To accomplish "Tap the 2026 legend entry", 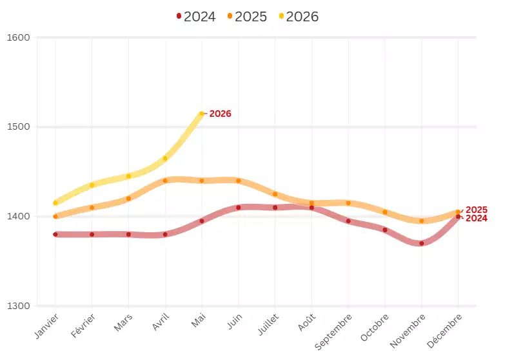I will pos(299,17).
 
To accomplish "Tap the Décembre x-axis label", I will pos(446,329).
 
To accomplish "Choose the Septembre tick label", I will pos(335,332).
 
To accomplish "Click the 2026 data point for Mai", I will pos(202,114).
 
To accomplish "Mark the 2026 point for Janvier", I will pos(55,203).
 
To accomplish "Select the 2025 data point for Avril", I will pos(165,181).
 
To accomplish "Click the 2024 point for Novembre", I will pos(422,243).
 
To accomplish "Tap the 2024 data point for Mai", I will pos(202,221).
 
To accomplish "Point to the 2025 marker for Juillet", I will pos(275,194).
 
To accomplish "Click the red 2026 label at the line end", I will pos(220,114).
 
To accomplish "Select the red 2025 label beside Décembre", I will pos(477,210).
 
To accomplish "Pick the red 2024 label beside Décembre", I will pos(477,219).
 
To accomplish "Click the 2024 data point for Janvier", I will pos(55,234).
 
